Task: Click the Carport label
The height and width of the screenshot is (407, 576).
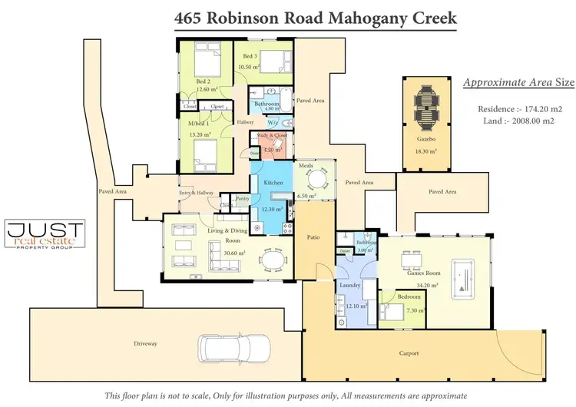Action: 409,353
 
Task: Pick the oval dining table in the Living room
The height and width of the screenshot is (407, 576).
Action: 273,261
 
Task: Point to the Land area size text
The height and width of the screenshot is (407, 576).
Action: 509,121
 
